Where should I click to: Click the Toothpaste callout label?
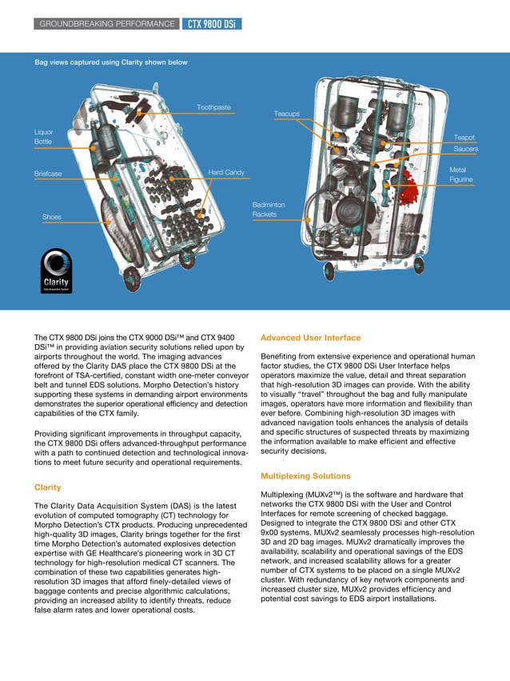pos(213,107)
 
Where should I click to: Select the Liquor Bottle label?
pos(43,136)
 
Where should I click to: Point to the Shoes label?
pos(52,217)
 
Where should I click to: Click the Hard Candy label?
pos(226,172)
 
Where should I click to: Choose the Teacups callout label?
pos(287,114)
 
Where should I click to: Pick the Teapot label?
pos(464,138)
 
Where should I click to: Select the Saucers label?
pos(465,150)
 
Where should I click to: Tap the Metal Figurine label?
pos(460,175)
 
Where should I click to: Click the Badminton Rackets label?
pos(269,210)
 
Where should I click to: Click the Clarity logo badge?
pos(56,274)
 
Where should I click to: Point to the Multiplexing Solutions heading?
pos(305,476)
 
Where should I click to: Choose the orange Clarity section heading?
pos(48,487)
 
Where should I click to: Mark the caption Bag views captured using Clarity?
pos(110,62)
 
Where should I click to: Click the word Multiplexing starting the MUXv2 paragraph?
pos(284,495)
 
